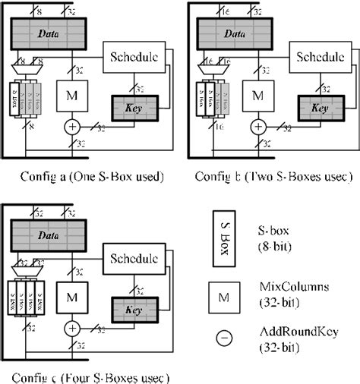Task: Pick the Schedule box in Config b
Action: (x=320, y=57)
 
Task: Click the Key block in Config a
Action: (x=136, y=108)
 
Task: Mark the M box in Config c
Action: (x=72, y=299)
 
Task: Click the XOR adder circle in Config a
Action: (x=72, y=126)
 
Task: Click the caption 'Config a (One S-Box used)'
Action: (x=90, y=177)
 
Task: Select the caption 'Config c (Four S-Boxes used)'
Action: (x=90, y=376)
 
